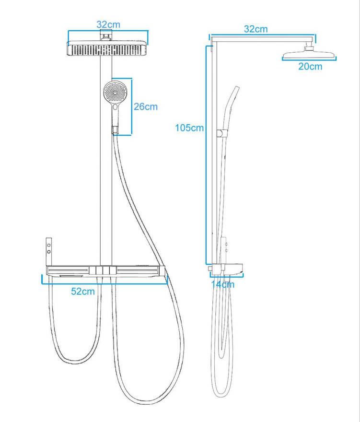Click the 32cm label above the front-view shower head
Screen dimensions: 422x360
coord(108,24)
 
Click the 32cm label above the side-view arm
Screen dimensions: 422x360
coord(255,29)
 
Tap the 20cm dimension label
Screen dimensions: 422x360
coord(310,66)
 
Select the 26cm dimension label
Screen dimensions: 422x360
coord(145,106)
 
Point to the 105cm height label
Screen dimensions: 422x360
coord(189,128)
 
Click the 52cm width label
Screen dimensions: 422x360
coord(83,291)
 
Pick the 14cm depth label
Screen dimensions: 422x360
coord(223,284)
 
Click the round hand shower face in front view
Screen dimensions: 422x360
coord(115,91)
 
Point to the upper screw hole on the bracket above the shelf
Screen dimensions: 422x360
coord(48,246)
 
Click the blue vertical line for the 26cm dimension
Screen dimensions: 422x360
coord(131,107)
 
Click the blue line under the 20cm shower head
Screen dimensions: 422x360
coord(309,60)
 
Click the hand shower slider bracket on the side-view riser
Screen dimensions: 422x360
coord(220,133)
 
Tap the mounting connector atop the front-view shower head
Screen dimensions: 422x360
coord(106,35)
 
